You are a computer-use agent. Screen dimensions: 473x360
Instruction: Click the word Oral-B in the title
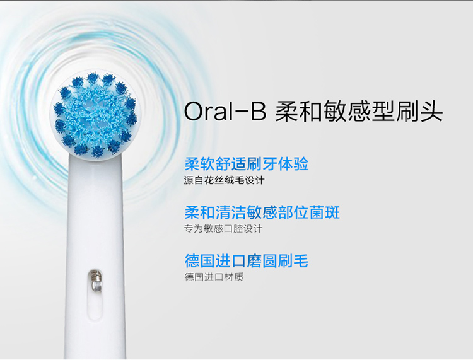[x=225, y=111]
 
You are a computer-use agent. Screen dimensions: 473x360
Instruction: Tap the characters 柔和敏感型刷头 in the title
[x=359, y=112]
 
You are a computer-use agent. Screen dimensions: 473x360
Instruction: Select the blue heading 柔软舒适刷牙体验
[x=246, y=164]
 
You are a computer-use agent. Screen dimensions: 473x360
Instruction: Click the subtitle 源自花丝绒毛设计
[x=224, y=180]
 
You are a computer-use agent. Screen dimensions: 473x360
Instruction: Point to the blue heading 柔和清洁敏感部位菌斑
[x=262, y=212]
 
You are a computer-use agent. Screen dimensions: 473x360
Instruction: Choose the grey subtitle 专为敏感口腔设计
[x=223, y=229]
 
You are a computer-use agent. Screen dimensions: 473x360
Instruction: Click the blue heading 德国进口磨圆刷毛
[x=246, y=261]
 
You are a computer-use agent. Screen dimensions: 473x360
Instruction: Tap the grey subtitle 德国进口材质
[x=214, y=277]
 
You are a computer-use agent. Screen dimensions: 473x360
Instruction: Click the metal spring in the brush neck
[x=96, y=281]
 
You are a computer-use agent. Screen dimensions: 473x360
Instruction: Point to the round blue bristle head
[x=95, y=115]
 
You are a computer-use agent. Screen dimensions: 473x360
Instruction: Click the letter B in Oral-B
[x=258, y=112]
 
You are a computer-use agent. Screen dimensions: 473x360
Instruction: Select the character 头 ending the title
[x=431, y=112]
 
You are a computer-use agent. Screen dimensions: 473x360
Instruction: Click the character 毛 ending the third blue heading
[x=301, y=261]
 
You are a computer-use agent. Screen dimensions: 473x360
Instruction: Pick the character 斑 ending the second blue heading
[x=332, y=212]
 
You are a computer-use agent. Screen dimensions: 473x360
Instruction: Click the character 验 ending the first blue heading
[x=301, y=164]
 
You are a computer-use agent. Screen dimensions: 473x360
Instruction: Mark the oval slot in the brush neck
[x=95, y=294]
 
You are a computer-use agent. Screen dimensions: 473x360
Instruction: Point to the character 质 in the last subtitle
[x=239, y=277]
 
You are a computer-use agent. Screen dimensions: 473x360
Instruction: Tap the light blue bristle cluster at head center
[x=95, y=115]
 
